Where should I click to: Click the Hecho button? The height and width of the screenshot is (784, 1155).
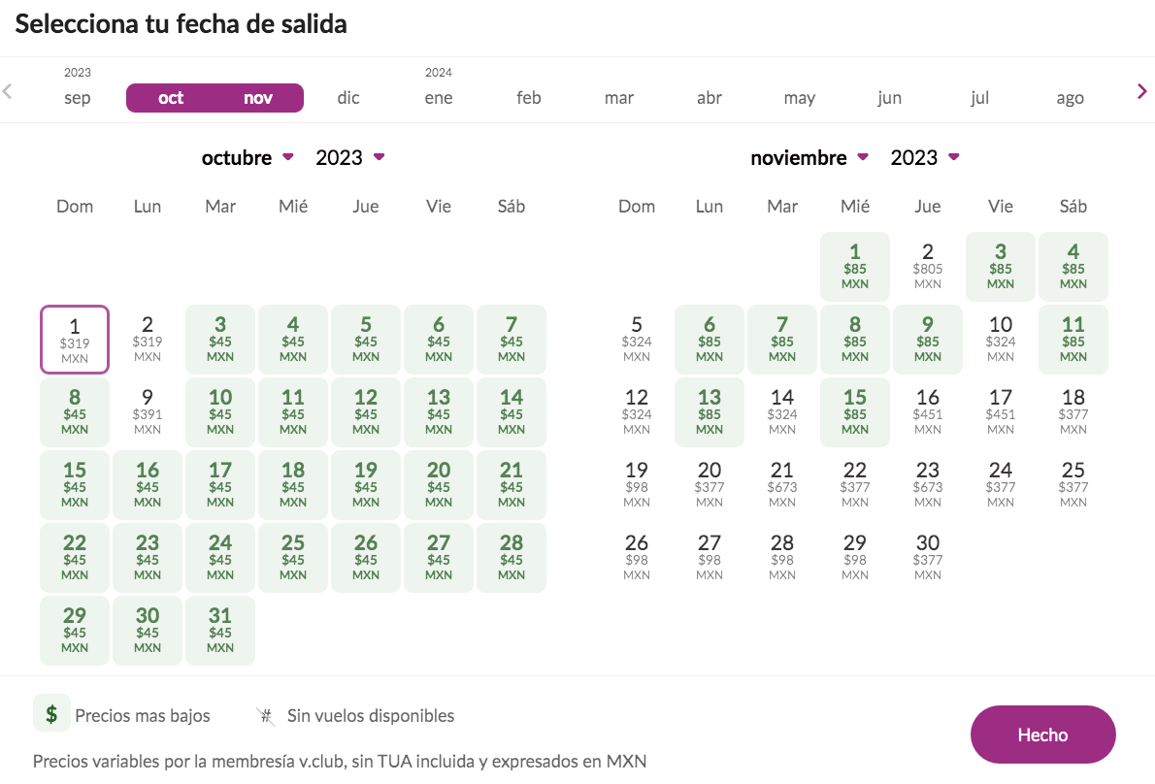coord(1042,735)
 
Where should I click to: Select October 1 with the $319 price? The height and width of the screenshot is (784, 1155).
coord(75,340)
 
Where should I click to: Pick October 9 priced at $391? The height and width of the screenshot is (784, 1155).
coord(148,412)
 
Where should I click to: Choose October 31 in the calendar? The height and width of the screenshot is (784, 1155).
coord(220,631)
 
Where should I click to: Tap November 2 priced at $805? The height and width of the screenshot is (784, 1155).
coord(928,267)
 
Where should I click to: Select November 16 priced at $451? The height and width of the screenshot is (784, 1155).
coord(928,412)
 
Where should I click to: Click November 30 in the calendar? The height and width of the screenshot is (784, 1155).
coord(928,558)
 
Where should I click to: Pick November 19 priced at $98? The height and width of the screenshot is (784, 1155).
coord(637,485)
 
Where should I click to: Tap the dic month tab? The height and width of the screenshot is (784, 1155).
coord(348,98)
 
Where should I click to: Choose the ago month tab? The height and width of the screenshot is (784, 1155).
coord(1070,98)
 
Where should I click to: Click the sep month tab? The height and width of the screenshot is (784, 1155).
coord(78,98)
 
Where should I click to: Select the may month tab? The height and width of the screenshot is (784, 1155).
coord(799,98)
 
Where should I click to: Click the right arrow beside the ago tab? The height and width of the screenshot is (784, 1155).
coord(1142,91)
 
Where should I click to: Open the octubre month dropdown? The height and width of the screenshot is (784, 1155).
coord(248,157)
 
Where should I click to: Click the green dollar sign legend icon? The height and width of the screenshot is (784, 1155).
coord(50,713)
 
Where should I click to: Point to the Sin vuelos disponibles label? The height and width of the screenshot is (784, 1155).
coord(370,716)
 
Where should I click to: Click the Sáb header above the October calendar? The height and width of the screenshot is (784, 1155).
coord(511,206)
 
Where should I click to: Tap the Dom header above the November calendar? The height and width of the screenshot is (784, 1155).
coord(637,206)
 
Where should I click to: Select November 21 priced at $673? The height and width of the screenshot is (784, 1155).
coord(782,485)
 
